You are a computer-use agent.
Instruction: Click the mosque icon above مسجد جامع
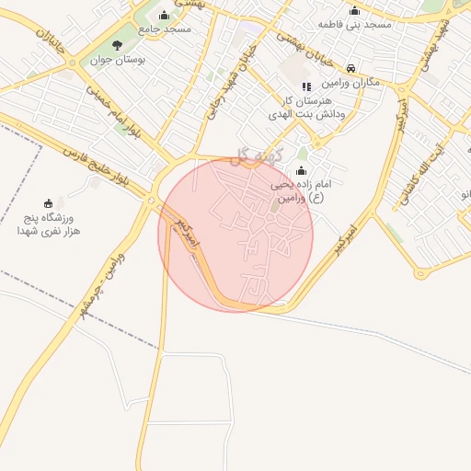tap(164, 15)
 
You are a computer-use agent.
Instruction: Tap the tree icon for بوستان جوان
tap(116, 45)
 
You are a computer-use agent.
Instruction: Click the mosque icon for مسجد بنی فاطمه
tap(354, 10)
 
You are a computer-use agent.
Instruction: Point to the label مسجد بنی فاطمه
tap(354, 24)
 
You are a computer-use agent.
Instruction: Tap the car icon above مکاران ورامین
tap(351, 68)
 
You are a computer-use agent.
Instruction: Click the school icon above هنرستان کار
tap(305, 86)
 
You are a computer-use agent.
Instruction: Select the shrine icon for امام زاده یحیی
tap(302, 170)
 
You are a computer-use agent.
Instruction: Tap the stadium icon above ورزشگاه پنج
tap(48, 202)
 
